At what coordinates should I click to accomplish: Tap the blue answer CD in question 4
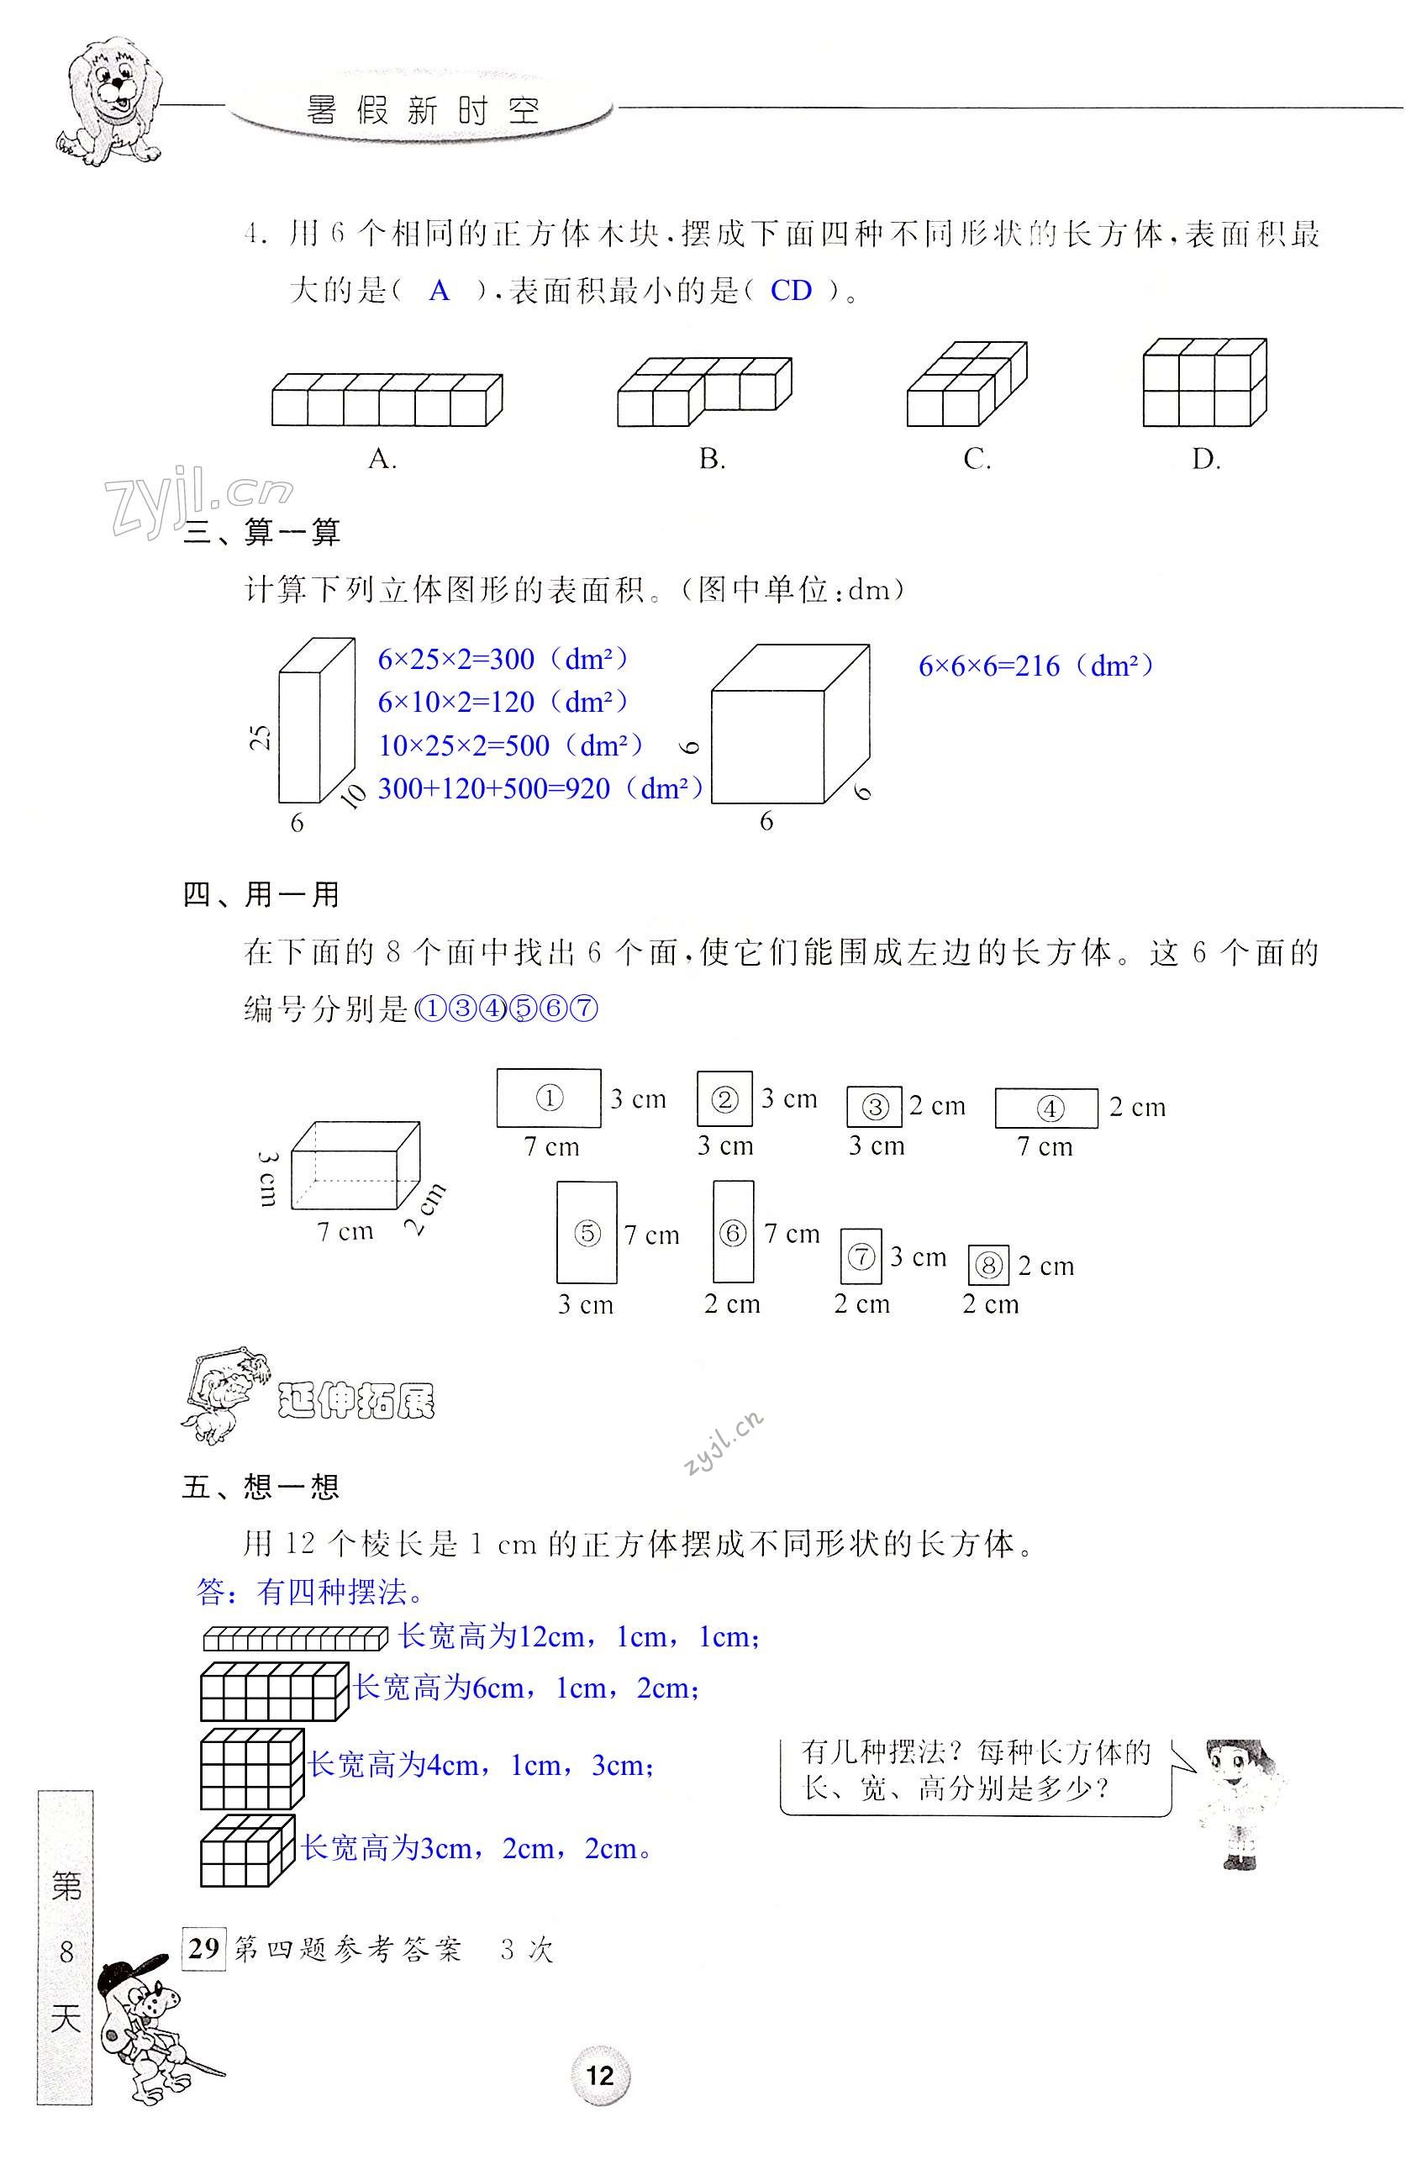tap(790, 291)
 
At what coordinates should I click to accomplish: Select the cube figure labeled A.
tap(387, 399)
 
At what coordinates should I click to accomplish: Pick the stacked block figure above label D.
tap(1204, 382)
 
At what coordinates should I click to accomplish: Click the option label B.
tap(712, 460)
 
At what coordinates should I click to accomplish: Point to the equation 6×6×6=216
tap(1035, 666)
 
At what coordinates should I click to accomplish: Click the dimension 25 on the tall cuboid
tap(261, 736)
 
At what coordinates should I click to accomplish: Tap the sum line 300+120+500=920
tap(540, 787)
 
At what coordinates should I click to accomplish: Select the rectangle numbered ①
tap(548, 1098)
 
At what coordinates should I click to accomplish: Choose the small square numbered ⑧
tap(987, 1266)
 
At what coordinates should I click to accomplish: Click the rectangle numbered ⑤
tap(587, 1233)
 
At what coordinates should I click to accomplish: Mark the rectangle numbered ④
tap(1046, 1108)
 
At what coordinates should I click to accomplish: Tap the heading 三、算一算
tap(262, 532)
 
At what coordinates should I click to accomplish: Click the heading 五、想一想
tap(261, 1487)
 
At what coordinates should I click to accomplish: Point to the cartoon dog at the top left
tap(109, 101)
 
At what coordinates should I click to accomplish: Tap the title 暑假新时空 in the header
tap(423, 112)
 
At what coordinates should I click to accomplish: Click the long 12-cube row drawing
tap(295, 1638)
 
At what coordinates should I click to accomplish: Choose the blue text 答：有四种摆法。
tap(311, 1593)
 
